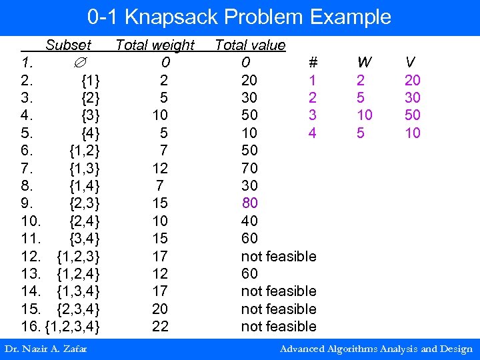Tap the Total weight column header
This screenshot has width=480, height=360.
(x=155, y=45)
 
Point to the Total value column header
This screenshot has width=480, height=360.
(x=250, y=45)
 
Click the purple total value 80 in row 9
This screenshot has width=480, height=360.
(x=249, y=203)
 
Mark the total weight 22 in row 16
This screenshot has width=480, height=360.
(x=160, y=326)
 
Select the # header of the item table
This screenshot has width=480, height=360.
(x=312, y=63)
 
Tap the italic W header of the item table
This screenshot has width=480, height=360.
(x=364, y=63)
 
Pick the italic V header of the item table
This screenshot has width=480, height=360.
(x=411, y=63)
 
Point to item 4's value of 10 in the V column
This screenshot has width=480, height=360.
(x=413, y=133)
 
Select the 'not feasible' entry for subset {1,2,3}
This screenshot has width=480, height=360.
(x=278, y=256)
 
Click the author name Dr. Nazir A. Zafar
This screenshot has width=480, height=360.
(x=45, y=349)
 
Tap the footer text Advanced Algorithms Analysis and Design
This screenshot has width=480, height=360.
(x=376, y=349)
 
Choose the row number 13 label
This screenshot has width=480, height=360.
(x=30, y=273)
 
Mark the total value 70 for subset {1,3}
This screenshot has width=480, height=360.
(x=249, y=168)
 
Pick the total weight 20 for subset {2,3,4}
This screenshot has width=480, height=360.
(x=160, y=309)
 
